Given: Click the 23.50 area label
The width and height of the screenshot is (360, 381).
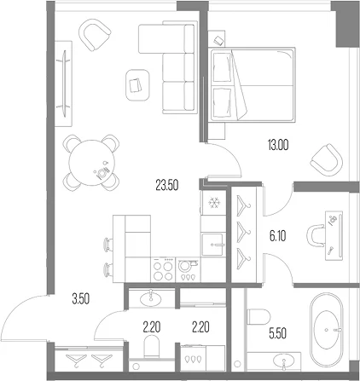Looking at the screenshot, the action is click(167, 185).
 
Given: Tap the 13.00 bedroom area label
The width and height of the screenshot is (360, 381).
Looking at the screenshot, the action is click(278, 145).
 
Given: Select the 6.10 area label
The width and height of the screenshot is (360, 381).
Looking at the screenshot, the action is click(277, 236).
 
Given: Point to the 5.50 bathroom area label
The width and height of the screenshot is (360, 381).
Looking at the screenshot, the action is click(277, 333).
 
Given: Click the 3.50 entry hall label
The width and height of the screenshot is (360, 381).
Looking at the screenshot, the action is click(81, 299).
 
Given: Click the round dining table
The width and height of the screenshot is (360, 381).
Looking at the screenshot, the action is click(91, 163).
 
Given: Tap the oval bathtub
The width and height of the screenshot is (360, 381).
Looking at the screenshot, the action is click(327, 330).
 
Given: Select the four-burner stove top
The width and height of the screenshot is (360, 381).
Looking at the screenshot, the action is click(163, 270).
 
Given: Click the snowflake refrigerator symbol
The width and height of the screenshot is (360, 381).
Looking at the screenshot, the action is click(214, 203).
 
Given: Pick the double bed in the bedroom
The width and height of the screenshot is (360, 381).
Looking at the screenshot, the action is click(252, 84).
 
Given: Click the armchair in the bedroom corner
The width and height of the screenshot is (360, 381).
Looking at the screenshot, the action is click(327, 159).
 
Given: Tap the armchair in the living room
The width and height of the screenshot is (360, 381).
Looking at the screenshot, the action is click(95, 35).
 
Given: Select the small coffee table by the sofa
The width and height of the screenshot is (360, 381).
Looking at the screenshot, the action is click(137, 85).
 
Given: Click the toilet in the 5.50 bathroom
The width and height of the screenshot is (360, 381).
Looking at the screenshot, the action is click(258, 316).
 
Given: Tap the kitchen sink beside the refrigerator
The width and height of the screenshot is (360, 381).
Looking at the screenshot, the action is click(213, 245).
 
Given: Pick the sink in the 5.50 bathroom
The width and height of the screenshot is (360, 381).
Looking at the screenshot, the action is click(284, 361).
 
